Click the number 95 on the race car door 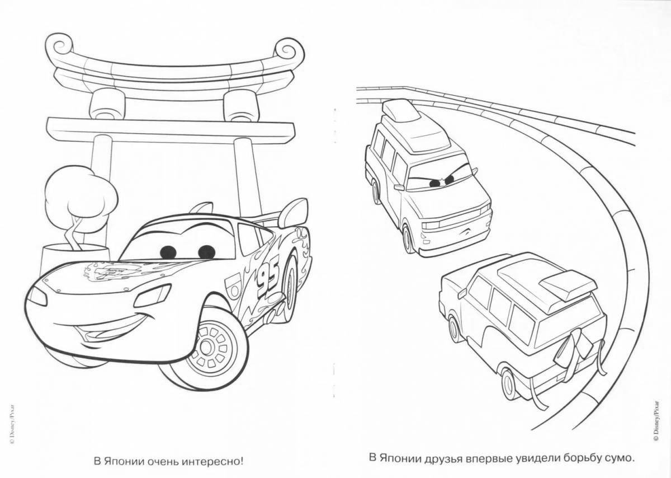(x=267, y=278)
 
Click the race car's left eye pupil (x=167, y=251)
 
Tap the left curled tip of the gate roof (x=56, y=45)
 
